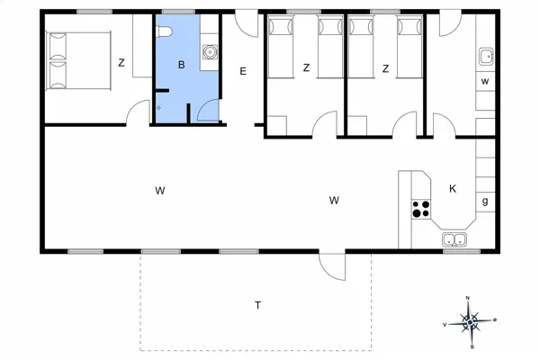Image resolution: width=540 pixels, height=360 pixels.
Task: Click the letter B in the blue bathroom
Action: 181,64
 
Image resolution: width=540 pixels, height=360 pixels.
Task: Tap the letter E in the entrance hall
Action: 242,70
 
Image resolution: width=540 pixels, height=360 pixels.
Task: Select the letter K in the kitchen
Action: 453,188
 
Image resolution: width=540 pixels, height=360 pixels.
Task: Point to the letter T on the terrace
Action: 257,305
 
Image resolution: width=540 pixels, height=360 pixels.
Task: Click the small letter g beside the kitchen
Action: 484,201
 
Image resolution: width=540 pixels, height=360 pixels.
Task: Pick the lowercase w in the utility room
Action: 484,82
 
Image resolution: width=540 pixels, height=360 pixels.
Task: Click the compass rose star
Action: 470,319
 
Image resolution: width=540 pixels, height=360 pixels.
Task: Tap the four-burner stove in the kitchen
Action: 420,209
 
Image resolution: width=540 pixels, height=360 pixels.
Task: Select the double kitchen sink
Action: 454,240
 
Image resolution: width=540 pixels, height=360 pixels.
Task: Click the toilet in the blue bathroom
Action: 164,31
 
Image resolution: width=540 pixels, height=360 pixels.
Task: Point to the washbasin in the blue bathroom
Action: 209,51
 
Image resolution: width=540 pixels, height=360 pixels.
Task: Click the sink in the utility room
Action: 486,57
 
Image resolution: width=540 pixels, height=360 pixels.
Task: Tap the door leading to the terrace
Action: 331,265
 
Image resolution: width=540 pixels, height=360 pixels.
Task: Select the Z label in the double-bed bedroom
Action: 121,62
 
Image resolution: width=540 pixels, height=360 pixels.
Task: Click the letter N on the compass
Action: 469,298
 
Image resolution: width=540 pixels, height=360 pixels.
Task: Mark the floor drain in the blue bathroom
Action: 159,105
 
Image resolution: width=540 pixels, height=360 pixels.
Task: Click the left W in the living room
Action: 159,190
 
